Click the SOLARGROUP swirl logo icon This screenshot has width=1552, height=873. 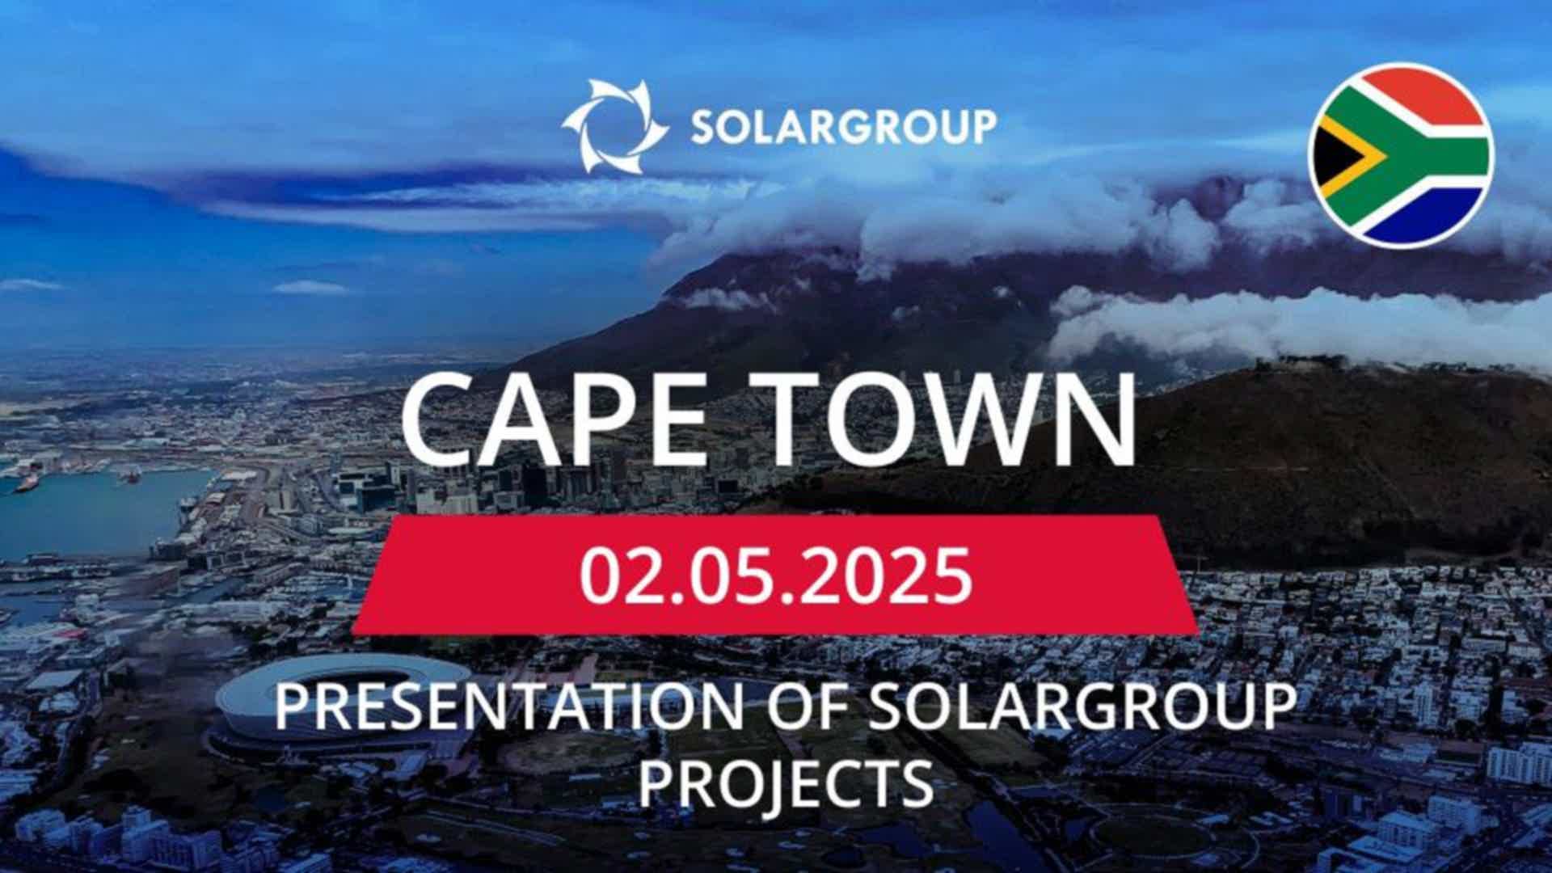click(616, 127)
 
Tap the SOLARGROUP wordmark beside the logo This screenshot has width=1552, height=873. click(843, 127)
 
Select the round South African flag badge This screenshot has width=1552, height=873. click(1401, 155)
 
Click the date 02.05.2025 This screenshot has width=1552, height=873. click(775, 576)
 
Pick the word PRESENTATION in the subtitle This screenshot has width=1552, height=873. click(508, 705)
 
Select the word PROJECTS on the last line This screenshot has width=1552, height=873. click(787, 782)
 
